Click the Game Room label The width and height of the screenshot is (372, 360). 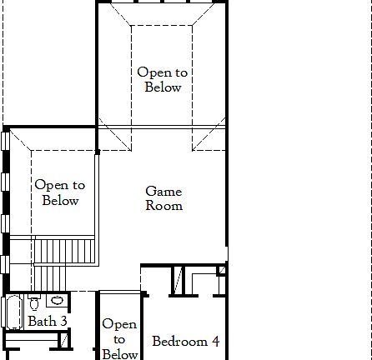tap(163, 198)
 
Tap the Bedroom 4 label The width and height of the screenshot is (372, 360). tap(185, 341)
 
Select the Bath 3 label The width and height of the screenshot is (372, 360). tap(47, 321)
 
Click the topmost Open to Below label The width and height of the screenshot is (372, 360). tap(163, 80)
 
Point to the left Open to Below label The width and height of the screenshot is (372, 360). tap(60, 192)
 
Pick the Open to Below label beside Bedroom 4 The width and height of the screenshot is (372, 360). tap(119, 339)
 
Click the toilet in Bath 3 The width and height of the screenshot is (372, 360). tap(34, 304)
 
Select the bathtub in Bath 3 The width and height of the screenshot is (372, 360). tap(13, 312)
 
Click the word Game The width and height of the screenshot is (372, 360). tap(163, 191)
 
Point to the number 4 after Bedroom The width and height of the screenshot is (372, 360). tap(214, 341)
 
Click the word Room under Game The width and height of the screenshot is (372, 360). tap(163, 206)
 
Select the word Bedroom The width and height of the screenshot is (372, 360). tap(179, 341)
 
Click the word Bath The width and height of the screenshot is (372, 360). tap(42, 321)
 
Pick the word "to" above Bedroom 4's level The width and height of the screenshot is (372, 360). tap(119, 339)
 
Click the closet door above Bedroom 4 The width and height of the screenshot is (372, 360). tap(178, 280)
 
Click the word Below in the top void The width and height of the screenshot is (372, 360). tap(163, 87)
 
